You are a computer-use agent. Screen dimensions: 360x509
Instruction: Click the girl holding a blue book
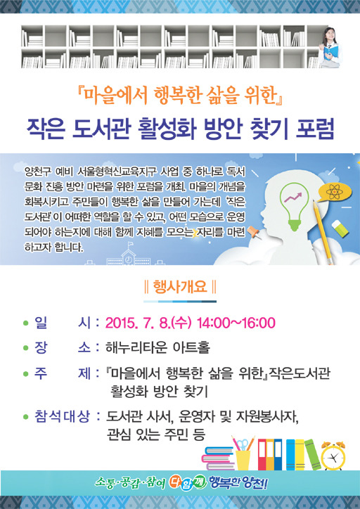pyautogui.click(x=330, y=48)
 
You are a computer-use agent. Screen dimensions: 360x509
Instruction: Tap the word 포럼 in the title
pyautogui.click(x=315, y=129)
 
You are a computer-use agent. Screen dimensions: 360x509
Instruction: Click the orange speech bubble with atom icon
pyautogui.click(x=334, y=193)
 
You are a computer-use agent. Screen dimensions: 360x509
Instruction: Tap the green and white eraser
pyautogui.click(x=340, y=228)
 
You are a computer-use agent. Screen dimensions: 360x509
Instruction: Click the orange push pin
pyautogui.click(x=254, y=233)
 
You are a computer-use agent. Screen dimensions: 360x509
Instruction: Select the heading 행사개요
pyautogui.click(x=180, y=287)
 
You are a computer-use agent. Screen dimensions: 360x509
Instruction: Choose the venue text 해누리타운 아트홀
pyautogui.click(x=157, y=348)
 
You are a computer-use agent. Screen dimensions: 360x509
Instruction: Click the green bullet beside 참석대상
pyautogui.click(x=25, y=417)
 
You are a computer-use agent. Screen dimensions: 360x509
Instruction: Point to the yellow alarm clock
pyautogui.click(x=333, y=456)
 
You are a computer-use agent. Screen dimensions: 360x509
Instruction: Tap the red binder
pyautogui.click(x=262, y=454)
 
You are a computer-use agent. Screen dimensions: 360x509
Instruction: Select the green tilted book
pyautogui.click(x=313, y=454)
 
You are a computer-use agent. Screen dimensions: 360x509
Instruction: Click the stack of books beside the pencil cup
pyautogui.click(x=218, y=458)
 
